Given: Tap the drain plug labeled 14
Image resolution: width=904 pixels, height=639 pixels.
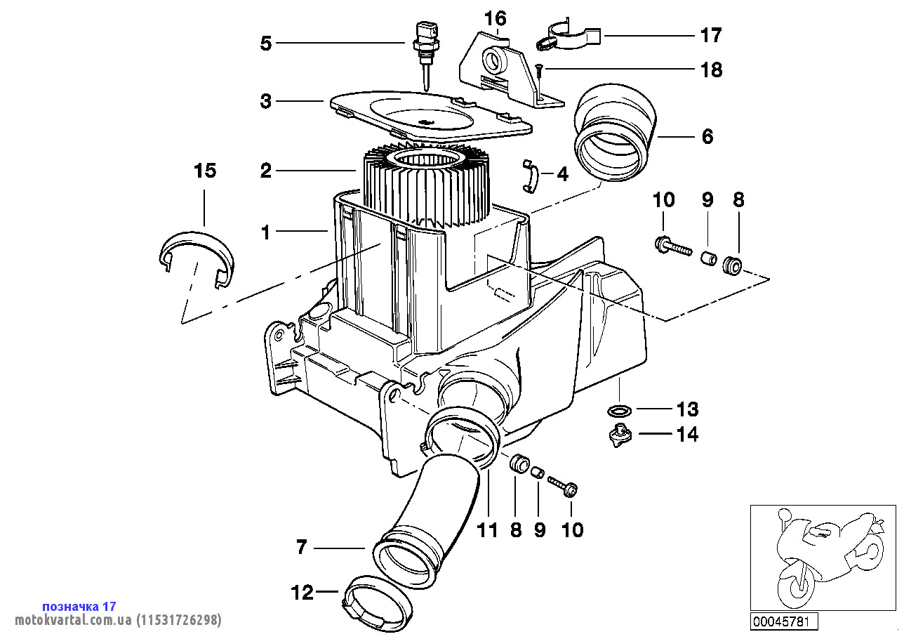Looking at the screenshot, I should click(x=618, y=436).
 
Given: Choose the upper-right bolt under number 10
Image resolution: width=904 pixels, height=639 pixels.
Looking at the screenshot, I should click(x=670, y=246).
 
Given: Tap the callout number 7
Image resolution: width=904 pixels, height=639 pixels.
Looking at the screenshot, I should click(x=302, y=547).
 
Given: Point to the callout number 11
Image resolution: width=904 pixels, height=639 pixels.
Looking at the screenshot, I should click(x=488, y=529).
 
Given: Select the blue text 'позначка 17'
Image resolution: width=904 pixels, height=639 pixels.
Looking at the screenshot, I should click(x=79, y=606).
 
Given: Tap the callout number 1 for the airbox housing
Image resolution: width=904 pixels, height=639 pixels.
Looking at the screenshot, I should click(x=265, y=232).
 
